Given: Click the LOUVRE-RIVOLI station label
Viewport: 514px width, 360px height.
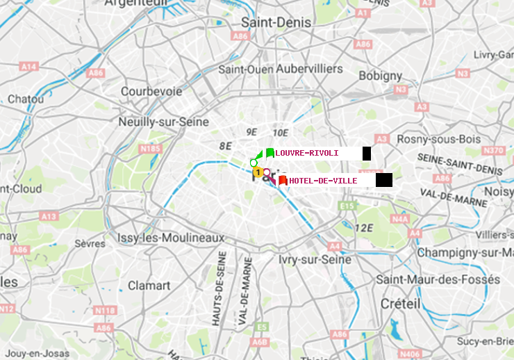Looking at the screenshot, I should [306, 153].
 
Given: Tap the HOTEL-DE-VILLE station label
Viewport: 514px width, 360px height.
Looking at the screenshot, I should [323, 181].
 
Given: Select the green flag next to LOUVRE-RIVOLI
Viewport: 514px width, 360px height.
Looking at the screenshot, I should [270, 153].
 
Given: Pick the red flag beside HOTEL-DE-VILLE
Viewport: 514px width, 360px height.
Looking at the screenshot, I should [283, 181].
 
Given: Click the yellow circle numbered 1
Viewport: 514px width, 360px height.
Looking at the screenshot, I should [258, 172].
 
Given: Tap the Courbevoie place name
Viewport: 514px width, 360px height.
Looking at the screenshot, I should [151, 91].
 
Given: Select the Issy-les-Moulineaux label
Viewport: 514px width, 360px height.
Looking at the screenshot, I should [171, 238].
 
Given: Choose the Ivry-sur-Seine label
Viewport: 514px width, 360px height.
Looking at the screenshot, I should [315, 259].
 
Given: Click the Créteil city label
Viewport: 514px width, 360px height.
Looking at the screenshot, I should [400, 304].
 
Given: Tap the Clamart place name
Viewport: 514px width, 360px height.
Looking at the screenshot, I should [149, 285].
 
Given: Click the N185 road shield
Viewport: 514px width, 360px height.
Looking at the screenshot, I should [151, 148].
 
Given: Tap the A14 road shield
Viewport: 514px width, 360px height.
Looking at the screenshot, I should [28, 66].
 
